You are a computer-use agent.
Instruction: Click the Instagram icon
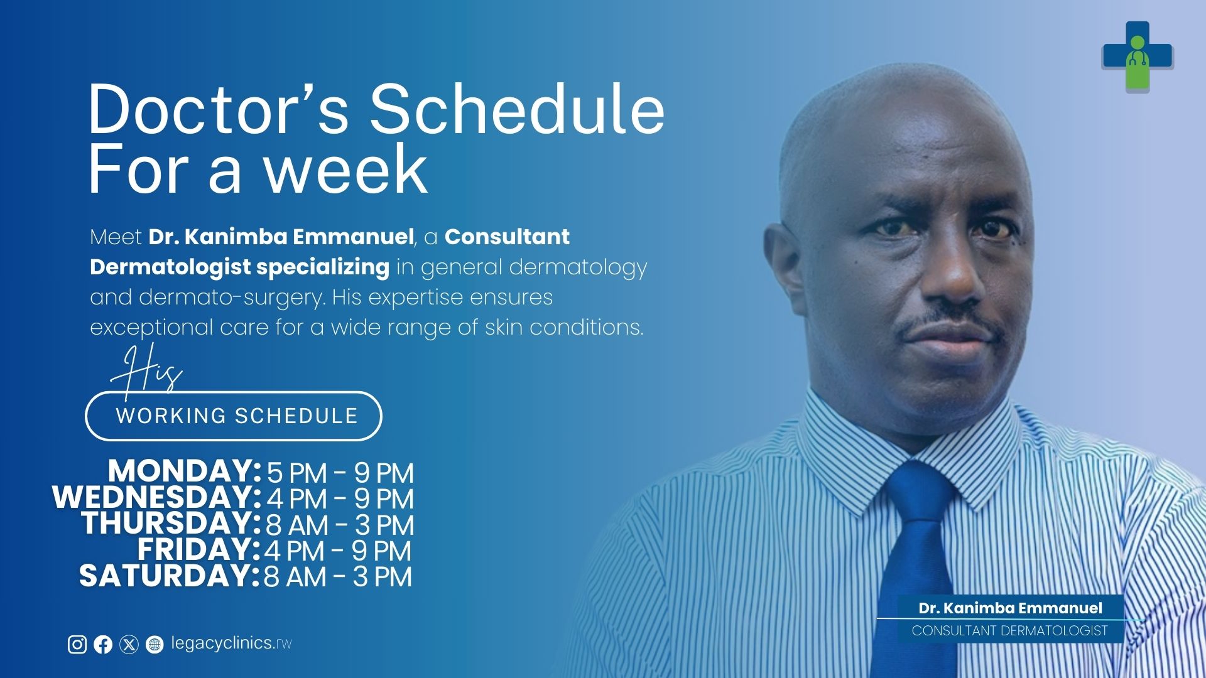(77, 644)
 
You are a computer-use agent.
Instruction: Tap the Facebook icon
(103, 644)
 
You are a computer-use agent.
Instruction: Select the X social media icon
(129, 644)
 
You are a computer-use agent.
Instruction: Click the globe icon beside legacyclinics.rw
(155, 644)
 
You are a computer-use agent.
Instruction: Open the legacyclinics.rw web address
(231, 643)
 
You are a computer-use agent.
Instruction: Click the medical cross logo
(1138, 56)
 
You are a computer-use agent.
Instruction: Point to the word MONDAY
(184, 471)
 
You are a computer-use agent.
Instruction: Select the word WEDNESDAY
(156, 497)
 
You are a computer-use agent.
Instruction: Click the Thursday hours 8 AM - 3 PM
(339, 525)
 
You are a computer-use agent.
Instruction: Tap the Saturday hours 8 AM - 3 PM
(337, 576)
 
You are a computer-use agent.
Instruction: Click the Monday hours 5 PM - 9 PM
(340, 473)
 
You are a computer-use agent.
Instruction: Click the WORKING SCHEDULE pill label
(234, 416)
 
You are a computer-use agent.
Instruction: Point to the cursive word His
(146, 370)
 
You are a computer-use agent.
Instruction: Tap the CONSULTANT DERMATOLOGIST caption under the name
(1009, 631)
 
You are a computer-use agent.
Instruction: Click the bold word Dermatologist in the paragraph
(170, 267)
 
